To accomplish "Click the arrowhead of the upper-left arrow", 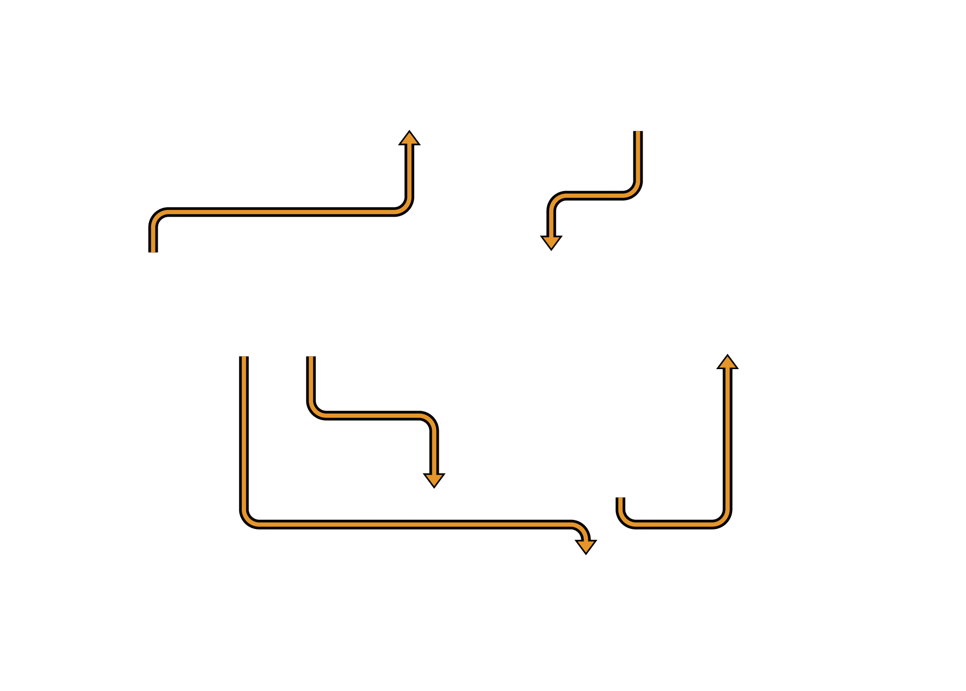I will [409, 138].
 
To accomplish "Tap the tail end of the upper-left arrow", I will [153, 249].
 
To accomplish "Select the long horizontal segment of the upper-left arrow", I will [279, 212].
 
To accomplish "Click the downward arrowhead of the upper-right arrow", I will [551, 242].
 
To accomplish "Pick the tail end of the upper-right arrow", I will [638, 134].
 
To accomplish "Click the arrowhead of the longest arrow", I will [586, 546].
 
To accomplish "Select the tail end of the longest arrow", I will [244, 358].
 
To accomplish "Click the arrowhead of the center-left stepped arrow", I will [434, 480].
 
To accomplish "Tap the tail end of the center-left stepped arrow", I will [311, 358].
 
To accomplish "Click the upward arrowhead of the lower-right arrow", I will [727, 362].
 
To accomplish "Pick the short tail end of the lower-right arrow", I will [621, 500].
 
